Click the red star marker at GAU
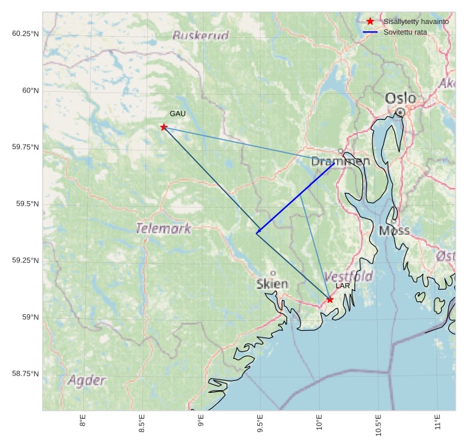pyautogui.click(x=164, y=127)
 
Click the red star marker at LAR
pyautogui.click(x=330, y=300)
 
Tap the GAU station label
pyautogui.click(x=177, y=114)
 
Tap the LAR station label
pyautogui.click(x=342, y=286)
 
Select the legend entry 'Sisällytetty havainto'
pyautogui.click(x=416, y=21)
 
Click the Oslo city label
pyautogui.click(x=400, y=99)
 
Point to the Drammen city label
pyautogui.click(x=340, y=161)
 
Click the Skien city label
pyautogui.click(x=272, y=284)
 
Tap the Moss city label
pyautogui.click(x=394, y=231)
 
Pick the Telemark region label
pyautogui.click(x=163, y=229)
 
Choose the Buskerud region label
pyautogui.click(x=201, y=35)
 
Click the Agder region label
pyautogui.click(x=87, y=380)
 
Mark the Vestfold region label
pyautogui.click(x=348, y=276)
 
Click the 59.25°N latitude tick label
pyautogui.click(x=25, y=260)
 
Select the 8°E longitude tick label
pyautogui.click(x=83, y=421)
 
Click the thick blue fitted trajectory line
pyautogui.click(x=296, y=198)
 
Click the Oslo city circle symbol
pyautogui.click(x=400, y=112)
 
